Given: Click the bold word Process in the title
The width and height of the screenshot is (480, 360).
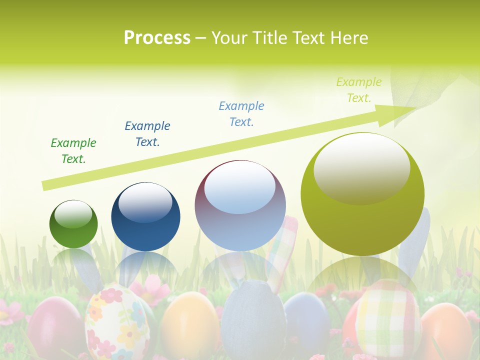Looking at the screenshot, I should [x=157, y=37].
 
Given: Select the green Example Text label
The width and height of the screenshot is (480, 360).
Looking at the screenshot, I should [x=73, y=151].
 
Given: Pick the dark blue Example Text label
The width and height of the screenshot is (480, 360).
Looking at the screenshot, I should [x=147, y=134].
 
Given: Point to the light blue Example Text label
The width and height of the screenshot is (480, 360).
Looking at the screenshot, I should [x=241, y=114].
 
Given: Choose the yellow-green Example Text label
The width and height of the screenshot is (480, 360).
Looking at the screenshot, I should [x=358, y=90].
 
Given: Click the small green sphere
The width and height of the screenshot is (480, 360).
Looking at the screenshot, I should [x=73, y=224].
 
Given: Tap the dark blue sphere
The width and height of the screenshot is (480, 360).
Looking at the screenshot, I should [x=145, y=216].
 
